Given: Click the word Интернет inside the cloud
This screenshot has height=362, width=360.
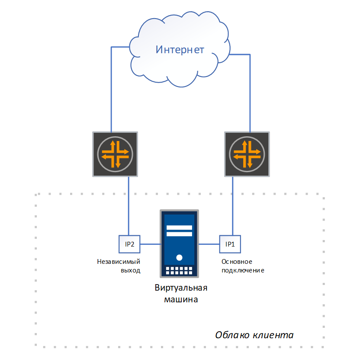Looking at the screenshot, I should point(180,49).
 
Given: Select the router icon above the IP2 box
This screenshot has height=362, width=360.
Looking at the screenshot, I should point(115,154).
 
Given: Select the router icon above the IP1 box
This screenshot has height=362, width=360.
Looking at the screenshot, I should point(247,154).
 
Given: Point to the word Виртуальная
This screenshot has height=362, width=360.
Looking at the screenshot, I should point(181,288).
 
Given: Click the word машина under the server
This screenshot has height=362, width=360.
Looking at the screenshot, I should point(181,299).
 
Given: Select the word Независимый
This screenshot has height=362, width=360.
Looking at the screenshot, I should point(119,262).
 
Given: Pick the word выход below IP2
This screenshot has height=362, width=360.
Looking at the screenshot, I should point(131,271).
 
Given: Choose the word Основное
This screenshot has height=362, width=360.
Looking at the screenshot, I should point(237,262).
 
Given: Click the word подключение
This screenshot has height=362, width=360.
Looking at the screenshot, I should point(242,271).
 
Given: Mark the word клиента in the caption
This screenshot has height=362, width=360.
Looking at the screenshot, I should point(273,335).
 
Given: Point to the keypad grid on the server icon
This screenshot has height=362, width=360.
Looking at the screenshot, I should point(179,271).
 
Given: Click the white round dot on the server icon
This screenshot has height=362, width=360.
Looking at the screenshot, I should point(179,258).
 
